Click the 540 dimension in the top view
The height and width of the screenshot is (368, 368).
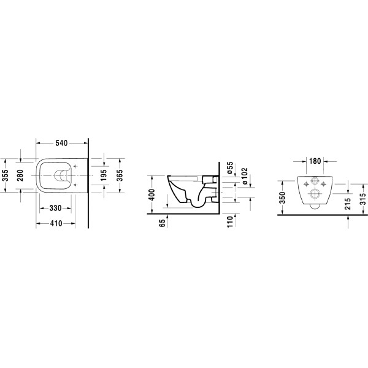coord(61,144)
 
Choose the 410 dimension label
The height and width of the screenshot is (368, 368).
coord(58,224)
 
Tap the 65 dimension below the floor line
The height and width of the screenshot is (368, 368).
coord(163,224)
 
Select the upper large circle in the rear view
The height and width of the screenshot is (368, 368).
coord(314,182)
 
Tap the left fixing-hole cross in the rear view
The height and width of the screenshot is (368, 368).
coord(304,182)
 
